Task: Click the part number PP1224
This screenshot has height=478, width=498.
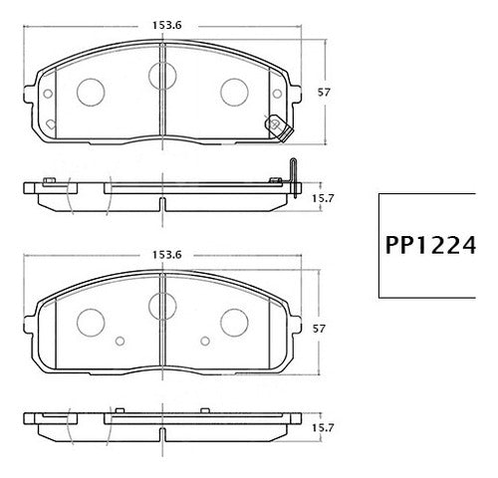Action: click(430, 245)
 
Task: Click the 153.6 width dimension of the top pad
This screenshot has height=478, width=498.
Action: click(167, 25)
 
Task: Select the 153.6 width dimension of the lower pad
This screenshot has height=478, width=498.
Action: click(167, 255)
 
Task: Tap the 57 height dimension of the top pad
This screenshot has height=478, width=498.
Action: click(324, 92)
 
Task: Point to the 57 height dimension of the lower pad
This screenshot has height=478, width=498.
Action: click(319, 329)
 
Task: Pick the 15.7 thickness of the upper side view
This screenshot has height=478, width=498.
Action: click(323, 198)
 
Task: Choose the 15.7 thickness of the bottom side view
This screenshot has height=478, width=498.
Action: click(323, 428)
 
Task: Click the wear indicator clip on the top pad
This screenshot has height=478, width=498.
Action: click(278, 128)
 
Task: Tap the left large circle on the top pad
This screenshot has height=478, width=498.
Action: click(91, 93)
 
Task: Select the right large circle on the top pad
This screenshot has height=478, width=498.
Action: click(234, 93)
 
